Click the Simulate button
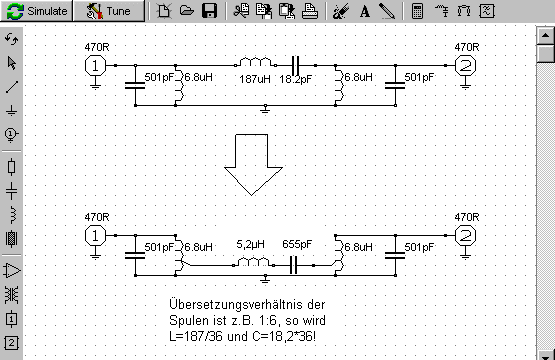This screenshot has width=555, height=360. [37, 11]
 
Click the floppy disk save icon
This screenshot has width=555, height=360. [209, 11]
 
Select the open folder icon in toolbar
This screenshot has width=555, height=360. [187, 10]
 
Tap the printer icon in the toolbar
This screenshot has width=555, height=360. [310, 11]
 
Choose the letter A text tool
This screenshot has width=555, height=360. [365, 11]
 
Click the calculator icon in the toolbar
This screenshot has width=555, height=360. [418, 11]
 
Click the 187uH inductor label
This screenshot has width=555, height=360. [254, 79]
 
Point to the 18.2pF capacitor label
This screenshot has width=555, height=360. [296, 79]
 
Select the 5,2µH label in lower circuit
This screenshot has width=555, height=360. [250, 244]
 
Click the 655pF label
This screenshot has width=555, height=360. [297, 244]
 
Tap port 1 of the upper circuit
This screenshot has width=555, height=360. [95, 66]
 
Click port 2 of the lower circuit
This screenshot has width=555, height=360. [465, 236]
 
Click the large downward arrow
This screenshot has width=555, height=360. [253, 165]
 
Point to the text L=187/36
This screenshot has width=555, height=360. [196, 336]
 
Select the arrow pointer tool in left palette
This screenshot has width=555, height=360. [12, 63]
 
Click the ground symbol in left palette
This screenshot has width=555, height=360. [11, 111]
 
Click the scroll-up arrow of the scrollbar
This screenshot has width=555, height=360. [545, 35]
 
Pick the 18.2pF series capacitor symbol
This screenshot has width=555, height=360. [295, 65]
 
